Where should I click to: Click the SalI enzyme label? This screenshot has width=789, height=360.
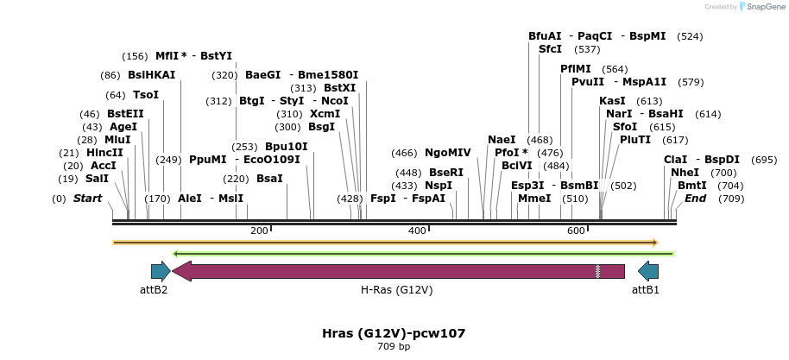tap(97, 179)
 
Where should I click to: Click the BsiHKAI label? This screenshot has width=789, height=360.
tap(151, 75)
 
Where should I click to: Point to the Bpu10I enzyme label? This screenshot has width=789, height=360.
tap(286, 147)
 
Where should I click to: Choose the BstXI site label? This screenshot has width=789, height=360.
tap(339, 88)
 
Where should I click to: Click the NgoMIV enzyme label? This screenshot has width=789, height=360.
tap(447, 153)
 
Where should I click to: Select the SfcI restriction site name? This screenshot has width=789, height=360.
tap(550, 49)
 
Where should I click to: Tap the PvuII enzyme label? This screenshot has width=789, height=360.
tap(588, 82)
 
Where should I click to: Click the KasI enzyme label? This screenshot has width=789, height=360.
tap(612, 101)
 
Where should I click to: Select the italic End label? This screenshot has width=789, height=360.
tap(695, 199)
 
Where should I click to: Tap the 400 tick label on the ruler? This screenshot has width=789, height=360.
tap(418, 231)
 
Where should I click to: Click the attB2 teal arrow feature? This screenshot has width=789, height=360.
tap(161, 271)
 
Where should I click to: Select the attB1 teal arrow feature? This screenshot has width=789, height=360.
tap(647, 271)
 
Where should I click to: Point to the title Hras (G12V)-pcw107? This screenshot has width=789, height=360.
tap(394, 332)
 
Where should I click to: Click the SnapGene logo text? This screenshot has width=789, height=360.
tap(762, 7)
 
